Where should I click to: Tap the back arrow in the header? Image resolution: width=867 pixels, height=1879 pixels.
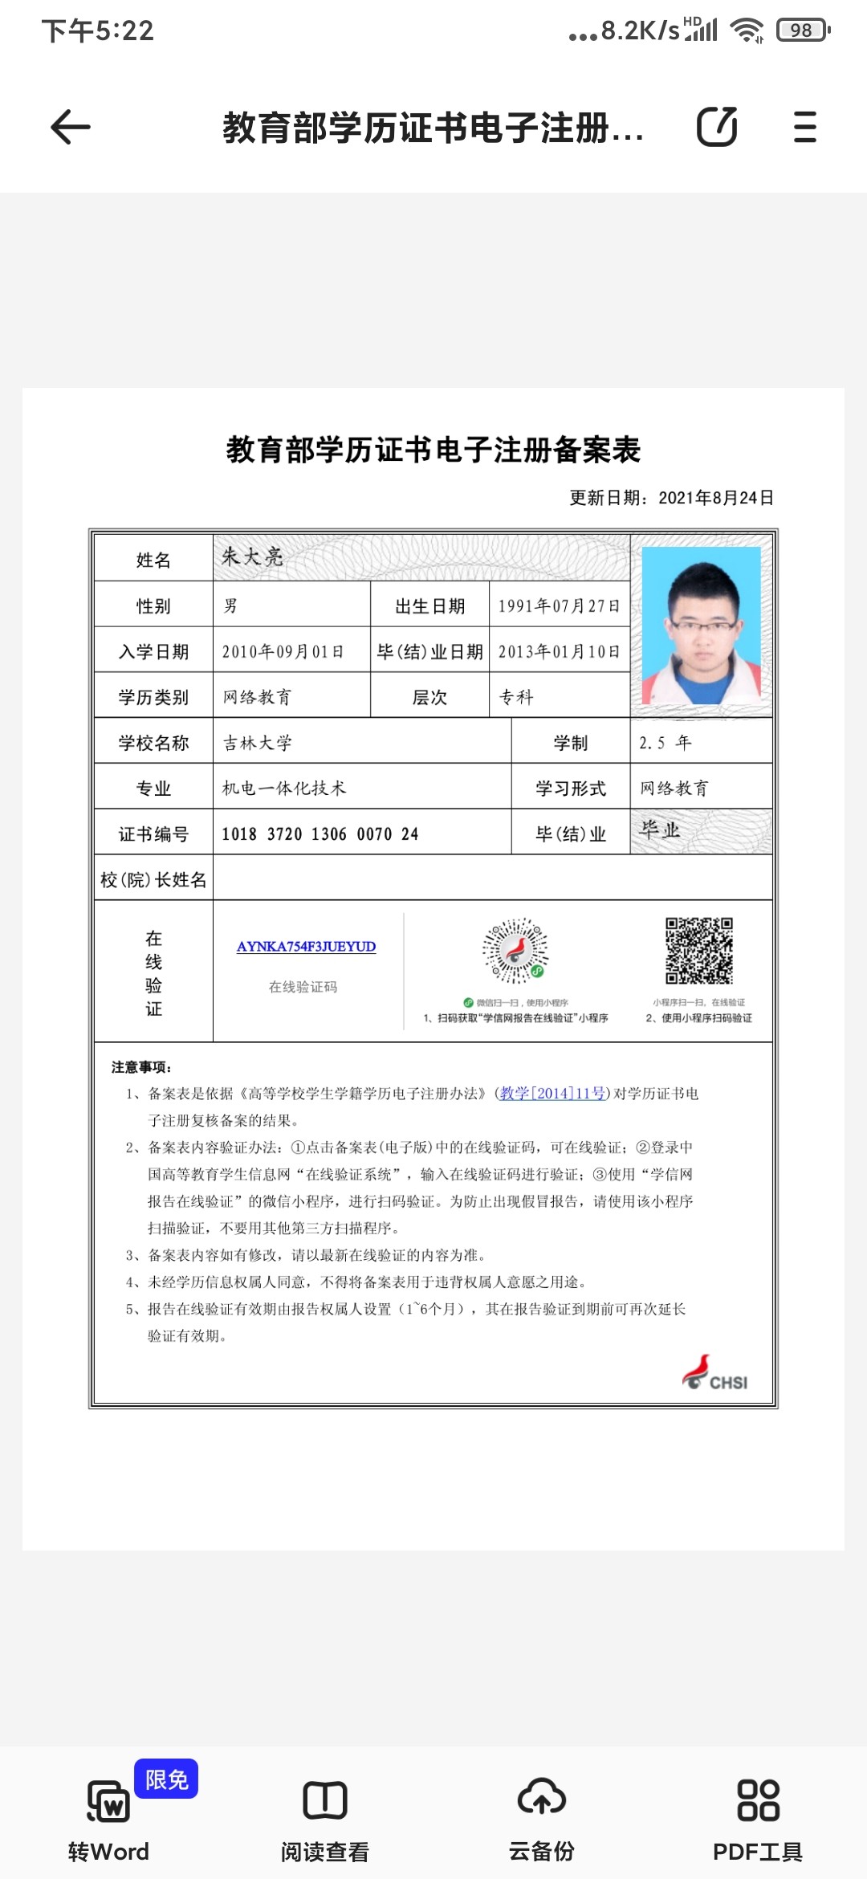click(71, 127)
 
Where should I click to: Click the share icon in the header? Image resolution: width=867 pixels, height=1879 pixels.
click(716, 127)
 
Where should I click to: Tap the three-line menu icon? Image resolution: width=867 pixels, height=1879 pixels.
click(804, 127)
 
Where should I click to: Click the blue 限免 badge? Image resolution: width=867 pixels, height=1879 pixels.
click(166, 1779)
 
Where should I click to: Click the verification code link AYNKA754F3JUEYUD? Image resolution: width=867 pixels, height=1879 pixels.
click(306, 947)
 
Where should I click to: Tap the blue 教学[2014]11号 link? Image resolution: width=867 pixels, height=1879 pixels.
click(552, 1094)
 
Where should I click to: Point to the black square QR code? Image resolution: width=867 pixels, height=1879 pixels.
click(699, 951)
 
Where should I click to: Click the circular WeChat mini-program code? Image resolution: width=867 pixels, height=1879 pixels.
click(515, 951)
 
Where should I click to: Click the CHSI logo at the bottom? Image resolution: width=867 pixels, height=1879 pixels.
click(715, 1373)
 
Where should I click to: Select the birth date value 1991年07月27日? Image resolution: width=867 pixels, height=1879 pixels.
click(559, 606)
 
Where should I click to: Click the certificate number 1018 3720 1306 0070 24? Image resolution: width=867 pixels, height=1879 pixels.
click(320, 834)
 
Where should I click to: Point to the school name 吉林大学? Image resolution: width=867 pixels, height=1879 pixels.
click(258, 743)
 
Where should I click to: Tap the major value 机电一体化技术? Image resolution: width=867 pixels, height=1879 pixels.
click(284, 789)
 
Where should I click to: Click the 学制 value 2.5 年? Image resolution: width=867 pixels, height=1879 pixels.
click(665, 743)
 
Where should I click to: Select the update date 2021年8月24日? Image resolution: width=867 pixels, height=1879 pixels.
click(716, 498)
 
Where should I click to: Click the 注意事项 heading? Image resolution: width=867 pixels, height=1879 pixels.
click(141, 1067)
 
